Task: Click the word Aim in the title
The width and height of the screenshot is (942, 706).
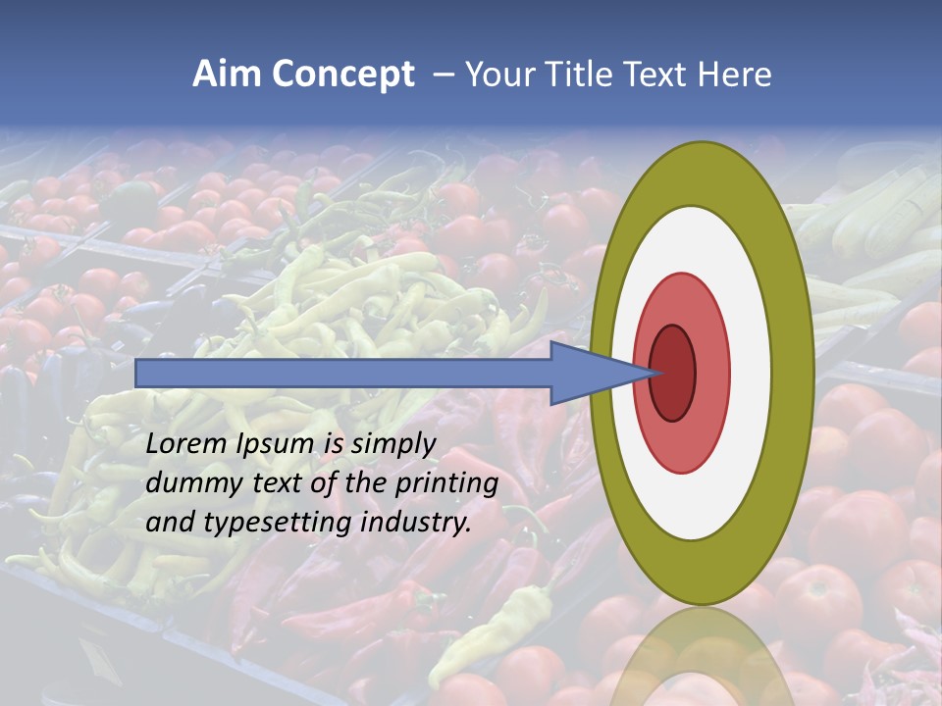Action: (x=224, y=75)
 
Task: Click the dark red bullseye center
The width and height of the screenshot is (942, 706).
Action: (x=673, y=374)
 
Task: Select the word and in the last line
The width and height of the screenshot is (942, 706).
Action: (x=169, y=523)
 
